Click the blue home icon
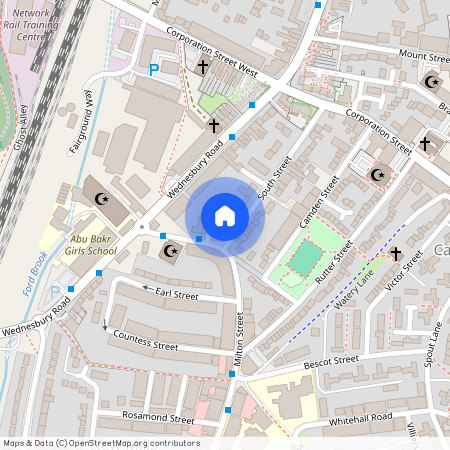225,216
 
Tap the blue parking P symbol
153,70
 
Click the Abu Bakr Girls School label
79,246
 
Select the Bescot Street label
332,359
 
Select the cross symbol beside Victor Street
395,255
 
